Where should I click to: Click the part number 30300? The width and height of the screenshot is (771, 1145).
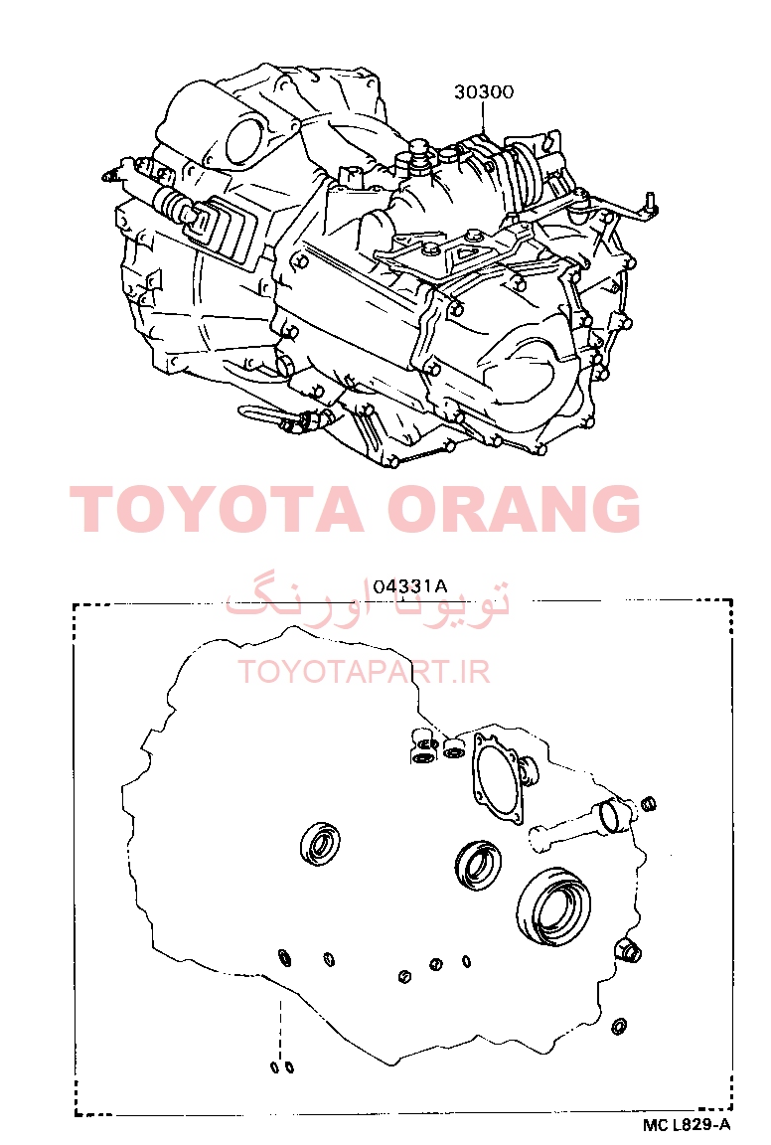coord(483,92)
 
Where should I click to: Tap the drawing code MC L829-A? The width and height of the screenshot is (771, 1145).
coord(687,1125)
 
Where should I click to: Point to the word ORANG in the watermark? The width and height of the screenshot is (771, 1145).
coord(514,508)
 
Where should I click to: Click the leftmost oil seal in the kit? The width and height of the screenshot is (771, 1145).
coord(321,844)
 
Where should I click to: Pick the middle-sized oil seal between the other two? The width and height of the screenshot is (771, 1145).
coord(478,866)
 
